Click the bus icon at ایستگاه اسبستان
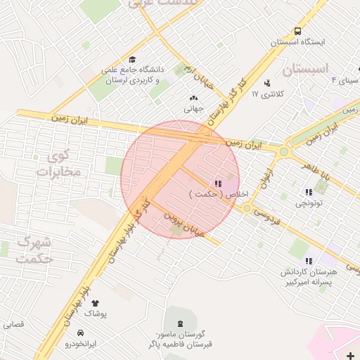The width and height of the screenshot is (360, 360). [x=298, y=31]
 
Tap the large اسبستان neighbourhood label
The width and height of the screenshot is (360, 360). [x=304, y=70]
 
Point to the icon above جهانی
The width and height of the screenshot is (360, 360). [x=193, y=98]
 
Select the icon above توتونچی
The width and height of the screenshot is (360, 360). [x=308, y=192]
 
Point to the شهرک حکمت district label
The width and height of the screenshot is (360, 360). [x=34, y=250]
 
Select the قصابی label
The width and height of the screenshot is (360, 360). [x=13, y=325]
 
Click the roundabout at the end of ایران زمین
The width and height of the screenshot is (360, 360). [x=284, y=150]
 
